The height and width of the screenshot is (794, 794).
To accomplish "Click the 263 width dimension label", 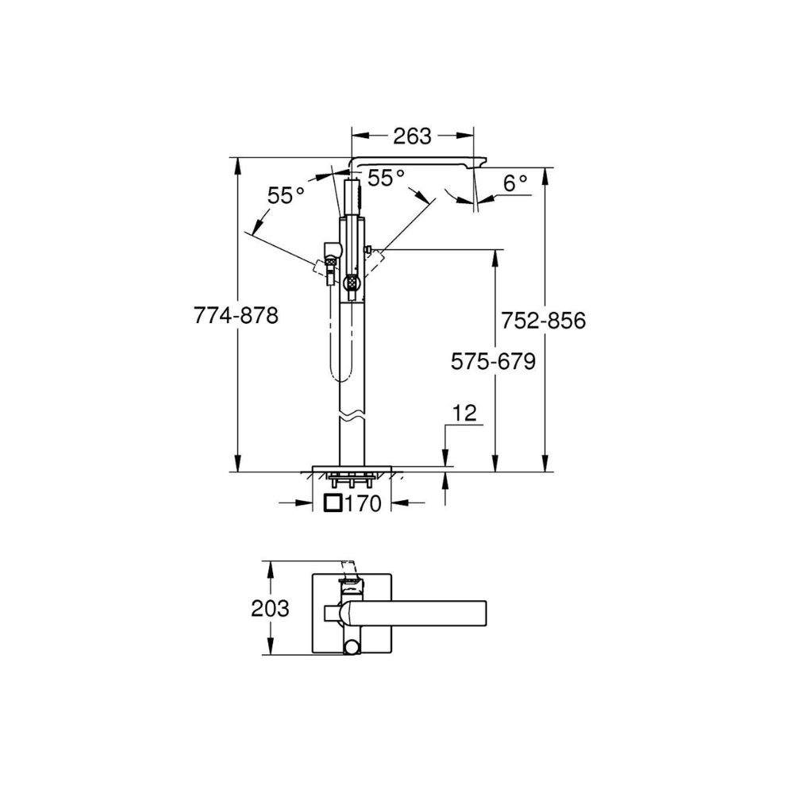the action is click(413, 137).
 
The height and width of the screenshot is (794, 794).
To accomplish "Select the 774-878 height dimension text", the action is click(236, 316).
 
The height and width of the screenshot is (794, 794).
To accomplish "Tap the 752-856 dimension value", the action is click(543, 321).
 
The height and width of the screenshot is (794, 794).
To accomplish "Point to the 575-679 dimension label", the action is click(493, 361).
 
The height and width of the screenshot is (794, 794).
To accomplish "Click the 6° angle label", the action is click(516, 183).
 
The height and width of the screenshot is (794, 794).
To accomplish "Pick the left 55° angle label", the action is click(286, 195).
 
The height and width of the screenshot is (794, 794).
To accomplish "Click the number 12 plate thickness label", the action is click(464, 413).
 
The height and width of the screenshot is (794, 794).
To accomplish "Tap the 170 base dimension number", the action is click(363, 503).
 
